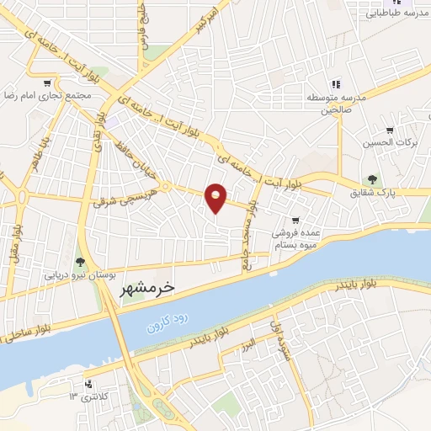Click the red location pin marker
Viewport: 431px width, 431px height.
pyautogui.click(x=216, y=198)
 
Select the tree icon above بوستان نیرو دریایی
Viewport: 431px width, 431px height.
pyautogui.click(x=80, y=263)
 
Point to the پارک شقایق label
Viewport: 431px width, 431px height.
pyautogui.click(x=376, y=194)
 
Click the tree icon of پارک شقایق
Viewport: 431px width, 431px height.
pyautogui.click(x=371, y=178)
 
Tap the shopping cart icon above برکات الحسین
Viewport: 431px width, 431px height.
pyautogui.click(x=389, y=130)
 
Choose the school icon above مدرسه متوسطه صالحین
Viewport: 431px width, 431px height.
pyautogui.click(x=335, y=83)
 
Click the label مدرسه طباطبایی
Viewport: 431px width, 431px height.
pyautogui.click(x=394, y=14)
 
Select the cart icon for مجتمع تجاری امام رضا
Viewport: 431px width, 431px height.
pyautogui.click(x=47, y=83)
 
